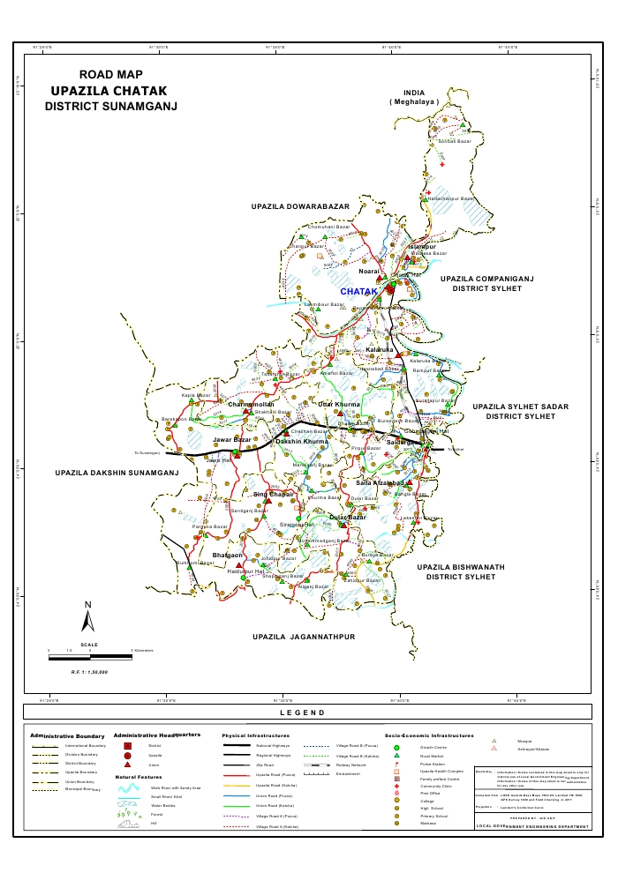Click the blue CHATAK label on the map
(x=359, y=291)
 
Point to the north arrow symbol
(x=87, y=618)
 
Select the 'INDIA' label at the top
(x=414, y=93)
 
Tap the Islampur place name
(x=422, y=246)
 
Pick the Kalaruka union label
(x=380, y=350)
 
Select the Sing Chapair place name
(x=248, y=495)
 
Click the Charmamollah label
(x=252, y=404)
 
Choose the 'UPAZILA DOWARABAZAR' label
(x=300, y=205)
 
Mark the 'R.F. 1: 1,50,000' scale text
(x=90, y=672)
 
